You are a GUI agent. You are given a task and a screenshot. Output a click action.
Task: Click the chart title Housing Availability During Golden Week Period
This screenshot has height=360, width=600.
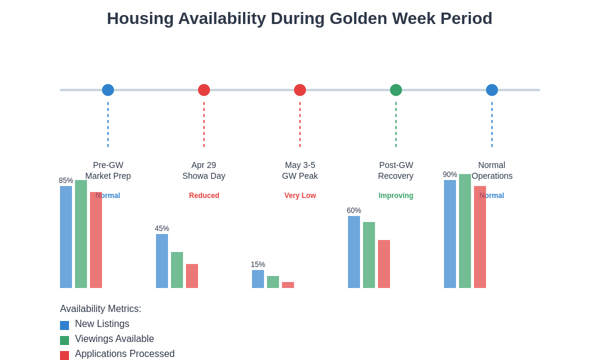[299, 19]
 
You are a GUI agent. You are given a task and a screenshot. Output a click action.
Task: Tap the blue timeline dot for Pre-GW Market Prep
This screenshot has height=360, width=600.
[108, 90]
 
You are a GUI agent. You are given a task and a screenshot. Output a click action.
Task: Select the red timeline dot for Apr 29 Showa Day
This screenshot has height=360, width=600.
[204, 90]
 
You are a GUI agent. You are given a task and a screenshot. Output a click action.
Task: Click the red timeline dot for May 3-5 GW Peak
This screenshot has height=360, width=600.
[300, 90]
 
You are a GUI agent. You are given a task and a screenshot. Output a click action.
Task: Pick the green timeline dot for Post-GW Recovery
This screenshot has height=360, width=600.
[396, 90]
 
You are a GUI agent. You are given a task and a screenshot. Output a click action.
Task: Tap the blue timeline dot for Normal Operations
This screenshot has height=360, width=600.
[492, 90]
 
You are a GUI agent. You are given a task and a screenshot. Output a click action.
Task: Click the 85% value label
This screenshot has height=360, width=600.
[66, 181]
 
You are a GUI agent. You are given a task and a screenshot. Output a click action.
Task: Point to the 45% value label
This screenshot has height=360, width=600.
[162, 229]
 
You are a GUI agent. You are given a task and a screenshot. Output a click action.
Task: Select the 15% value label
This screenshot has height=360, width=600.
[258, 265]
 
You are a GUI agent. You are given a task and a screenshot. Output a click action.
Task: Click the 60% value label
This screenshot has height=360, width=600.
[354, 211]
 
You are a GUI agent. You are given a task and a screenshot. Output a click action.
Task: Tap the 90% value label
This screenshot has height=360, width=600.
[450, 175]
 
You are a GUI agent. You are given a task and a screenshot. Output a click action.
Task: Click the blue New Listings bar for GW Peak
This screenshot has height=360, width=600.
[258, 279]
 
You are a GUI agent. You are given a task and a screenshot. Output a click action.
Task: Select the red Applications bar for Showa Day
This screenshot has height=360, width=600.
[192, 276]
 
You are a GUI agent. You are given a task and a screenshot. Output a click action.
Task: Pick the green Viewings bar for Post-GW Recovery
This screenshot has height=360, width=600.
[369, 255]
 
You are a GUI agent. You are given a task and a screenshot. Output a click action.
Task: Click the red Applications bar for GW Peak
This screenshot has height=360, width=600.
[288, 285]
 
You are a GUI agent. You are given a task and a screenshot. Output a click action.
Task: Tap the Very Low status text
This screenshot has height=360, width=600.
[300, 196]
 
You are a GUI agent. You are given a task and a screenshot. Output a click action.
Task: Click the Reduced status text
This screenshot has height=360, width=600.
[204, 196]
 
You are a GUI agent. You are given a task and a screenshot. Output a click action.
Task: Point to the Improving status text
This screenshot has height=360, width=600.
[396, 196]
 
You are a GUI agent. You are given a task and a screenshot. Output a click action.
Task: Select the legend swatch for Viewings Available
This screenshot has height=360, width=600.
[64, 340]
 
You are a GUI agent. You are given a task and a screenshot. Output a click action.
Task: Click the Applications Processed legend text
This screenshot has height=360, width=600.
[125, 354]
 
